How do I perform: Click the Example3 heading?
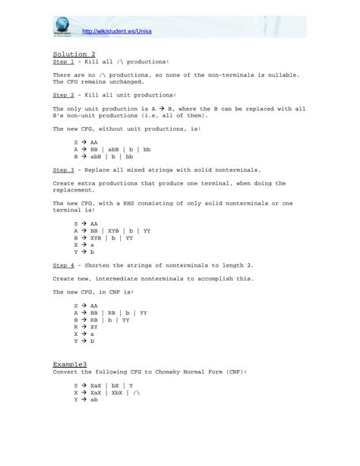tap(70, 364)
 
